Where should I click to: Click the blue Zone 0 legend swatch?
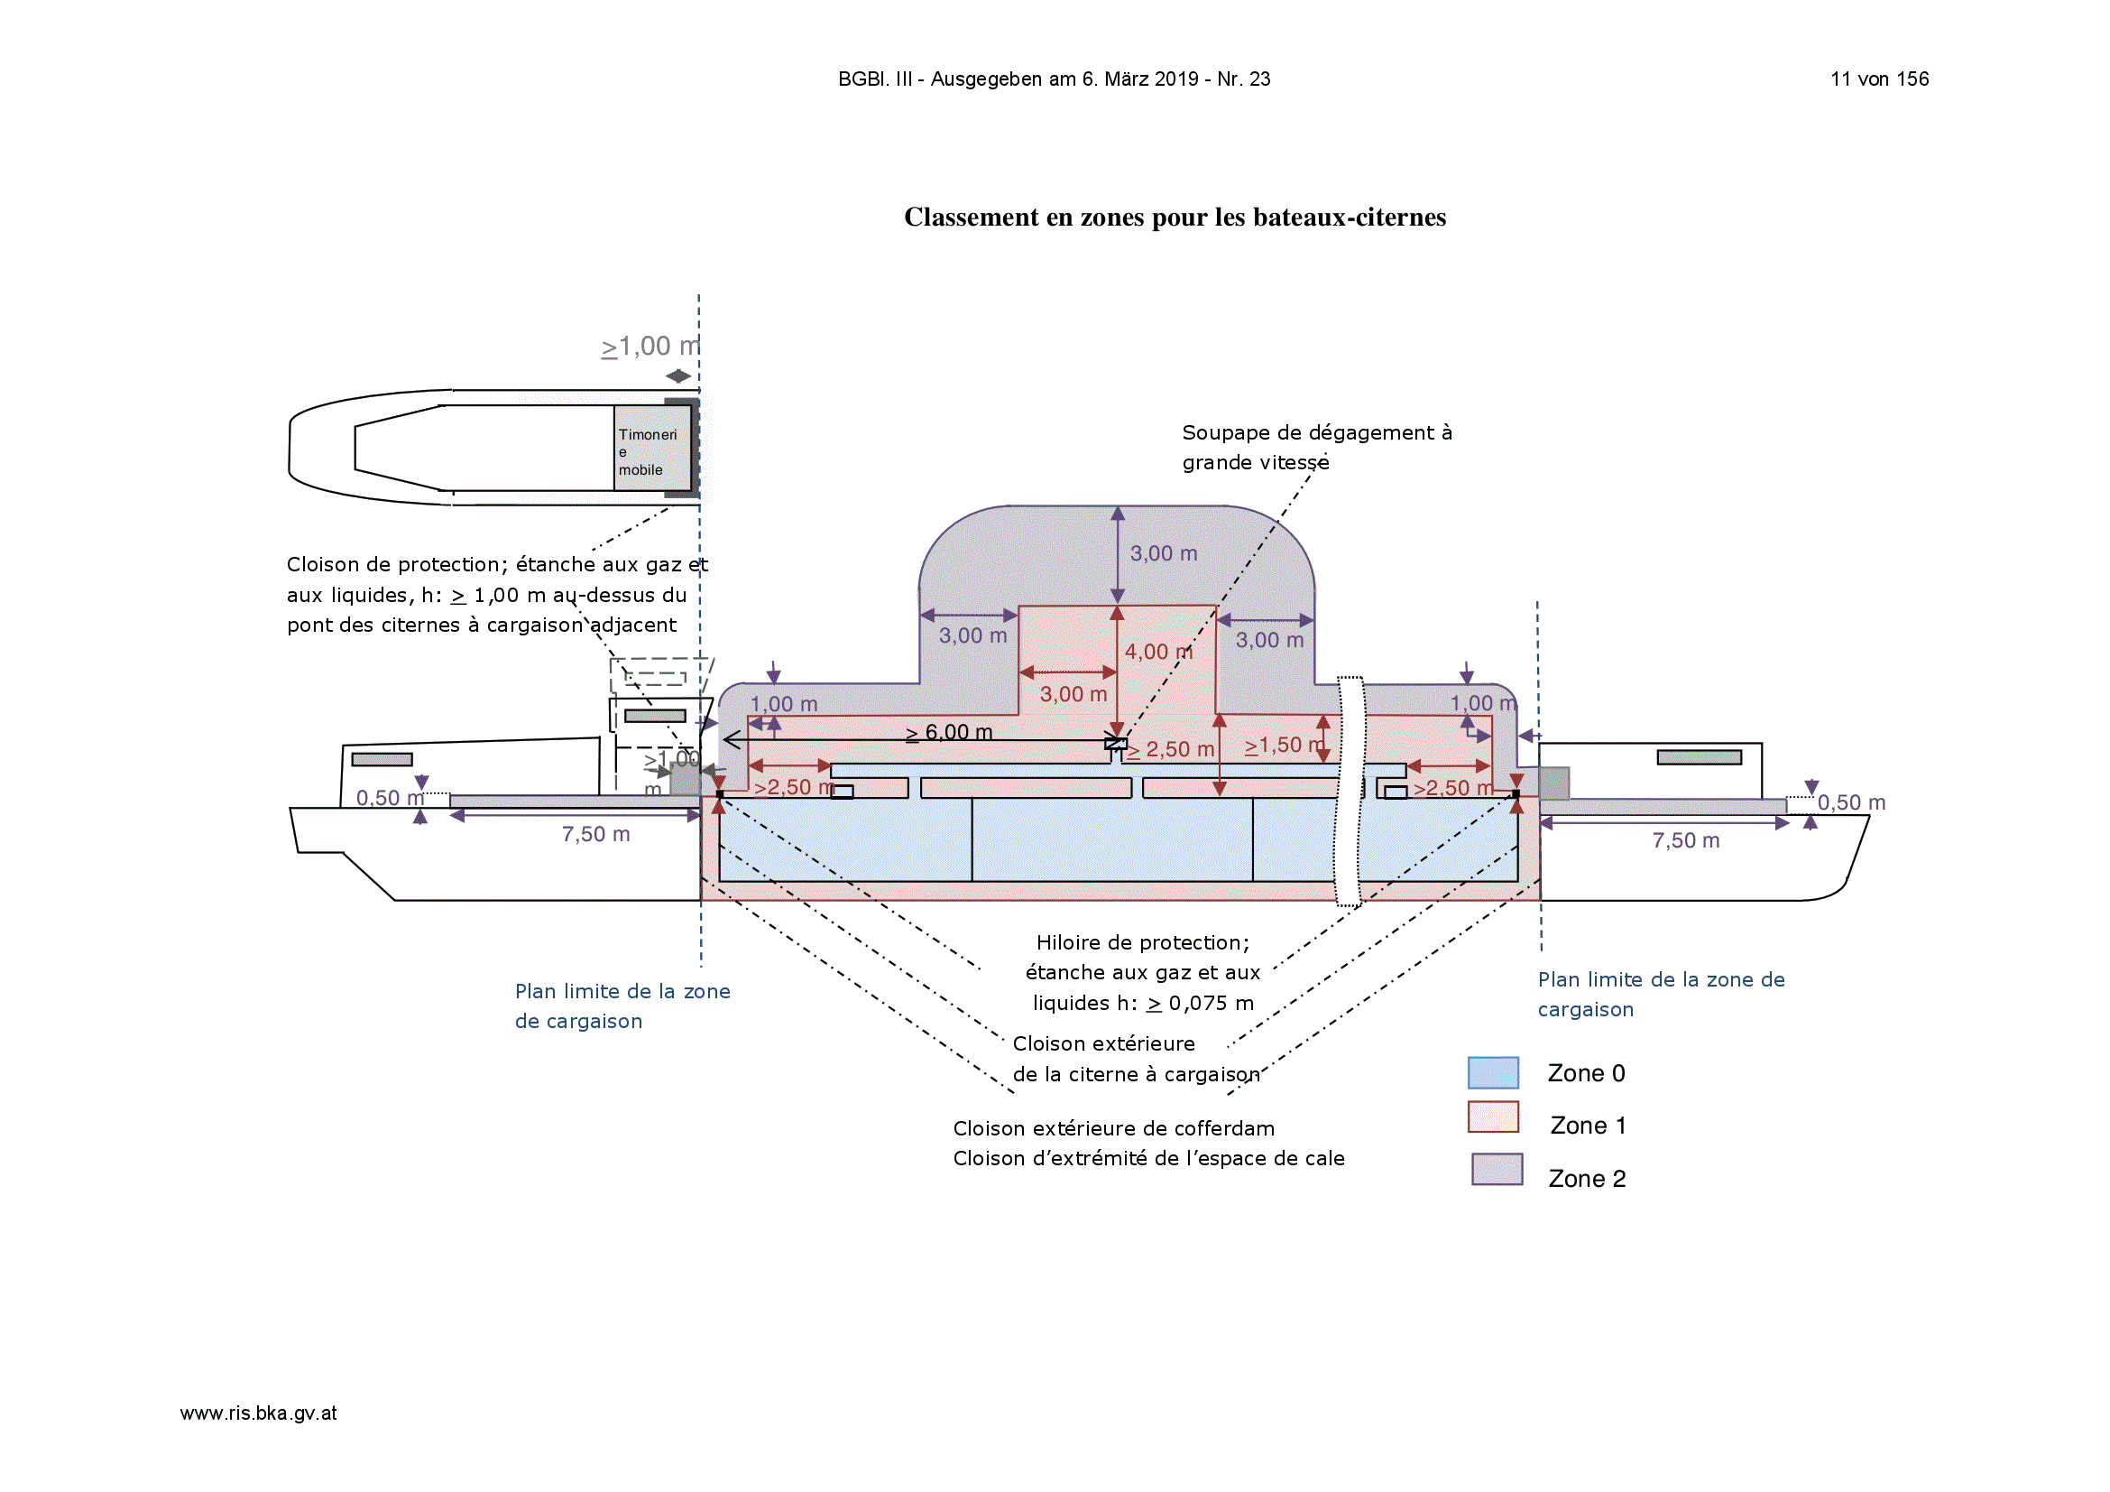(1492, 1073)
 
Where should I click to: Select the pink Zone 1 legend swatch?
(1492, 1117)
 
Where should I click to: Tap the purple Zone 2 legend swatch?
(1497, 1170)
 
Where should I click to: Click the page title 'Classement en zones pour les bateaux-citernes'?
(1175, 217)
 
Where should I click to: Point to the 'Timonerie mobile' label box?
(651, 448)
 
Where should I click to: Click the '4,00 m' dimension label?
(1158, 652)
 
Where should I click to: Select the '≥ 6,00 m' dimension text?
(948, 733)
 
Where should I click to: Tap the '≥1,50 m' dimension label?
(1284, 746)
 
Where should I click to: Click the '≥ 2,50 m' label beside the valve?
(1170, 750)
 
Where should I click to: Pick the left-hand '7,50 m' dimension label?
(595, 834)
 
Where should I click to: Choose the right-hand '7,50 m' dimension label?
(1685, 840)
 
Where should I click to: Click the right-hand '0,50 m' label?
(1851, 802)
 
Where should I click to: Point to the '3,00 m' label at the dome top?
(1164, 553)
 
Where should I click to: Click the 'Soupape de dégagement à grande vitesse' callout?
(1316, 448)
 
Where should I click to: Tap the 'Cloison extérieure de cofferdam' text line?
(1114, 1129)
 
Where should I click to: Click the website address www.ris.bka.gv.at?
(258, 1413)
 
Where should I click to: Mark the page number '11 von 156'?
(1879, 79)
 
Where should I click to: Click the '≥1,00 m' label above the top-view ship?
(650, 347)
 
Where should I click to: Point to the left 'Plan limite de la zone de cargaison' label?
(622, 1006)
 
